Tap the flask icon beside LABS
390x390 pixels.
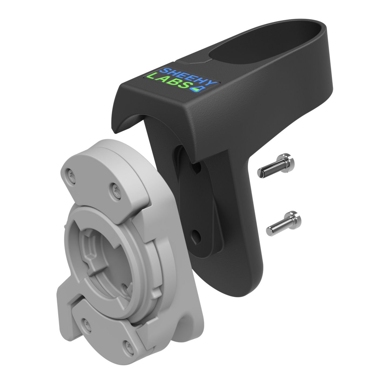[x=198, y=89]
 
